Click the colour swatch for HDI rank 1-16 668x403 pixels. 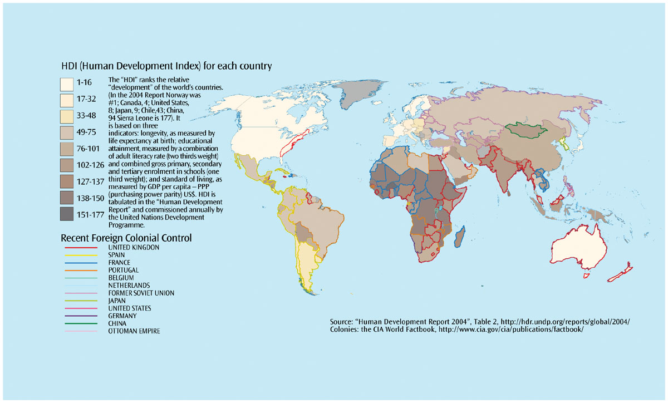pos(67,84)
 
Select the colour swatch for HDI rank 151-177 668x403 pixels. pos(67,214)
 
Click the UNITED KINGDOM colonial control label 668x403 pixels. pos(134,247)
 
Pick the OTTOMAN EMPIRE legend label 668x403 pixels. pos(134,331)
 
